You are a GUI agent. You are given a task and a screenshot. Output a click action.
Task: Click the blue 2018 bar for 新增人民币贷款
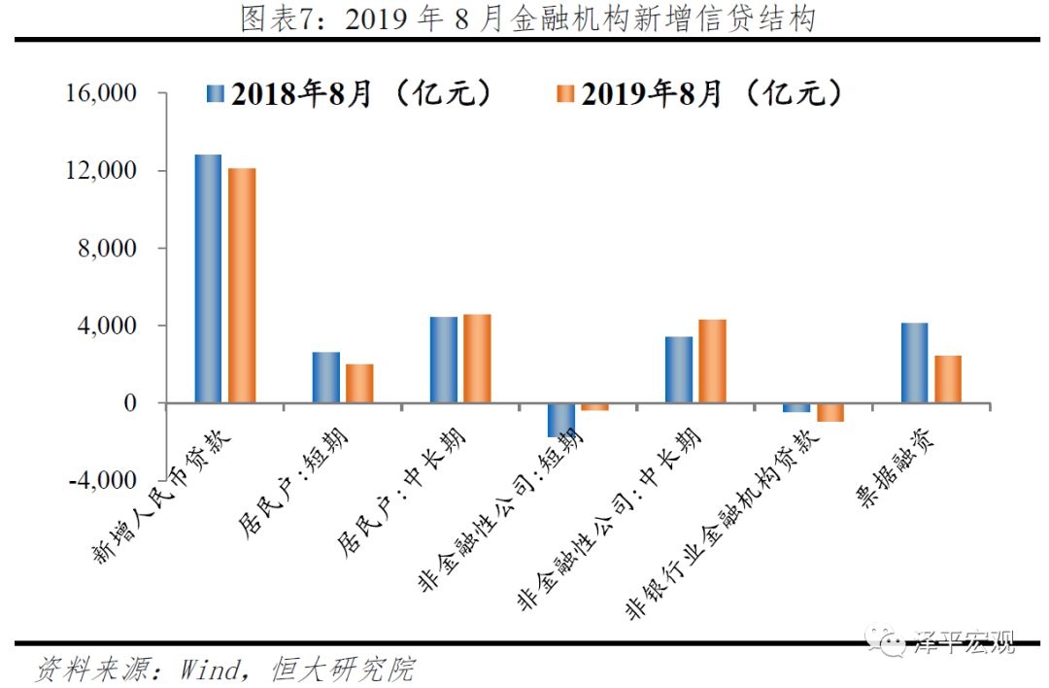pos(208,278)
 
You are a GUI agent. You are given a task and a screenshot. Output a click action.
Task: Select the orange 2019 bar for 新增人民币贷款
pos(241,285)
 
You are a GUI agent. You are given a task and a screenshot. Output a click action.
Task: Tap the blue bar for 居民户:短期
pos(325,377)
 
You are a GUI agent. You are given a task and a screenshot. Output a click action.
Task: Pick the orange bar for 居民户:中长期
pos(477,358)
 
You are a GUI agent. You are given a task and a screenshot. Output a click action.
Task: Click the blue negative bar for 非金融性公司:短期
pos(561,420)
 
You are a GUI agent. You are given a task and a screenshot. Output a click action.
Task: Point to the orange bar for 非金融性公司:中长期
pos(712,361)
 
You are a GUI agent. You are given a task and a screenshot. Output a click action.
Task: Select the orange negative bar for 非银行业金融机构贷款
pos(829,412)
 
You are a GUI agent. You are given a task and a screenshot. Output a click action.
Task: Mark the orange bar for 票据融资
pos(948,379)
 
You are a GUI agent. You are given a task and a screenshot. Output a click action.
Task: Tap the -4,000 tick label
pos(96,480)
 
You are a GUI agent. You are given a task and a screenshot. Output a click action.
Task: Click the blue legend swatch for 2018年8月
pos(216,94)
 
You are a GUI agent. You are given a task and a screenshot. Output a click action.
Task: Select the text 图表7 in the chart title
pos(276,19)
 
